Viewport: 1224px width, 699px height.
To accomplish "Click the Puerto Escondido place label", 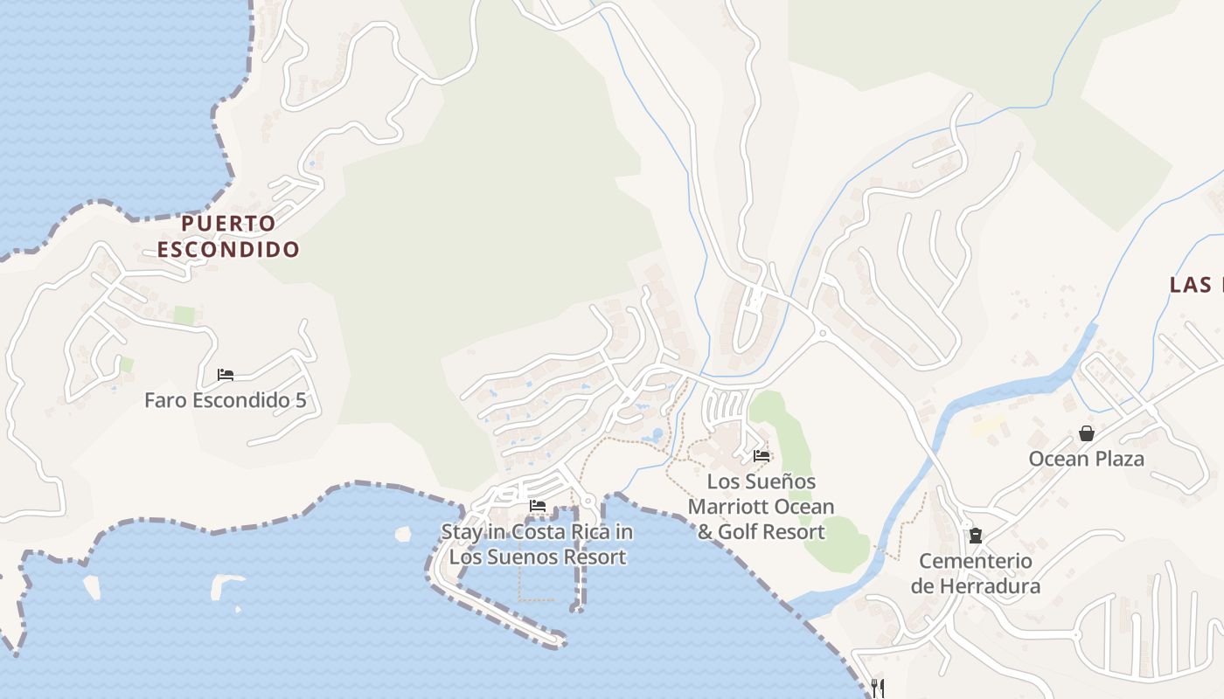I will click(228, 236).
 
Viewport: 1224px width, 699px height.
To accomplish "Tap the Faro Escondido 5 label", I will click(226, 401).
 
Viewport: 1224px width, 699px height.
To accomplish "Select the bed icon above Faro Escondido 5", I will click(226, 376).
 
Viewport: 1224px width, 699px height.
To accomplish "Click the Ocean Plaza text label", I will click(1086, 459).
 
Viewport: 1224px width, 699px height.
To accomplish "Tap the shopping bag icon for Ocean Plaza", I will click(1086, 433).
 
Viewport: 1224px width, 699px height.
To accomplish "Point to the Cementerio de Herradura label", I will click(975, 573).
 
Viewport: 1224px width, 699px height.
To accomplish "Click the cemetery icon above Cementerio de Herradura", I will click(975, 536).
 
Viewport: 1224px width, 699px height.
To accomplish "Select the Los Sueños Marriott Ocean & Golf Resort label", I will click(761, 507).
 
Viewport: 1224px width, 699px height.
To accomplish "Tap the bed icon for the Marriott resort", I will click(762, 455).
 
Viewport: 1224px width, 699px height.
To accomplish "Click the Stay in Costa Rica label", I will click(537, 544).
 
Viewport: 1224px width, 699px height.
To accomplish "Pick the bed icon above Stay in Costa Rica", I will click(538, 506).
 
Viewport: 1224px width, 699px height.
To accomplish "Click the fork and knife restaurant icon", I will click(878, 688).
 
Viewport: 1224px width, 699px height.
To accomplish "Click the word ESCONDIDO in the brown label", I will click(228, 249).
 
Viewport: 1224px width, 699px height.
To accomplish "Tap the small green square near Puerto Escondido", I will click(184, 315).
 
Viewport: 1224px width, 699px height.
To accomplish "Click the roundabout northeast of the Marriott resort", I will click(822, 332).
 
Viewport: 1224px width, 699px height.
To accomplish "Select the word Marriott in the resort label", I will click(733, 507).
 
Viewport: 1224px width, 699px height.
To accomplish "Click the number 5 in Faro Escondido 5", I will click(301, 401).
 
